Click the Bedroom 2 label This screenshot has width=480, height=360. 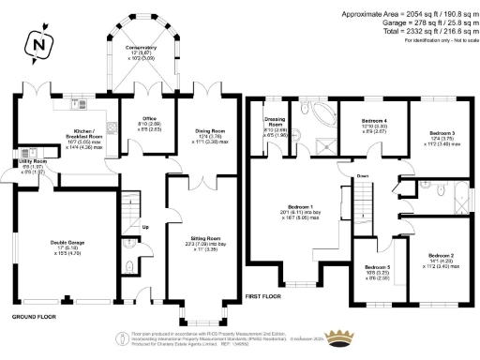click(x=441, y=255)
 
